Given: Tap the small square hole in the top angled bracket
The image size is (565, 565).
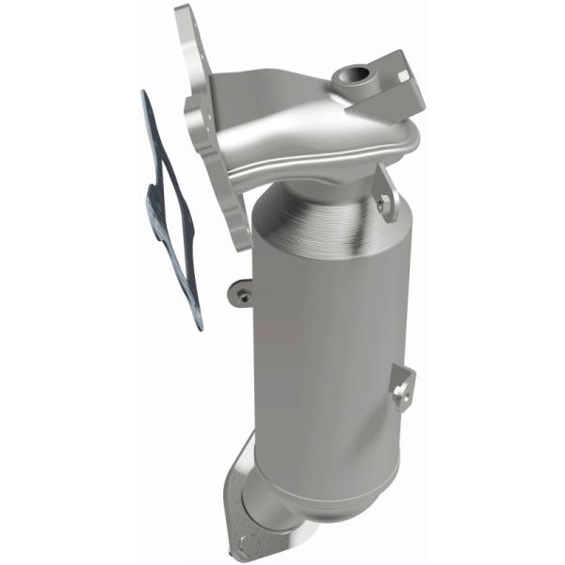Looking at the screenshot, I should pyautogui.click(x=403, y=73).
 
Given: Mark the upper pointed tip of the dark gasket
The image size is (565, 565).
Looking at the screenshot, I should pyautogui.click(x=144, y=94).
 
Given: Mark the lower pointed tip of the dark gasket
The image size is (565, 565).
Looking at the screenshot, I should pyautogui.click(x=199, y=328).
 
